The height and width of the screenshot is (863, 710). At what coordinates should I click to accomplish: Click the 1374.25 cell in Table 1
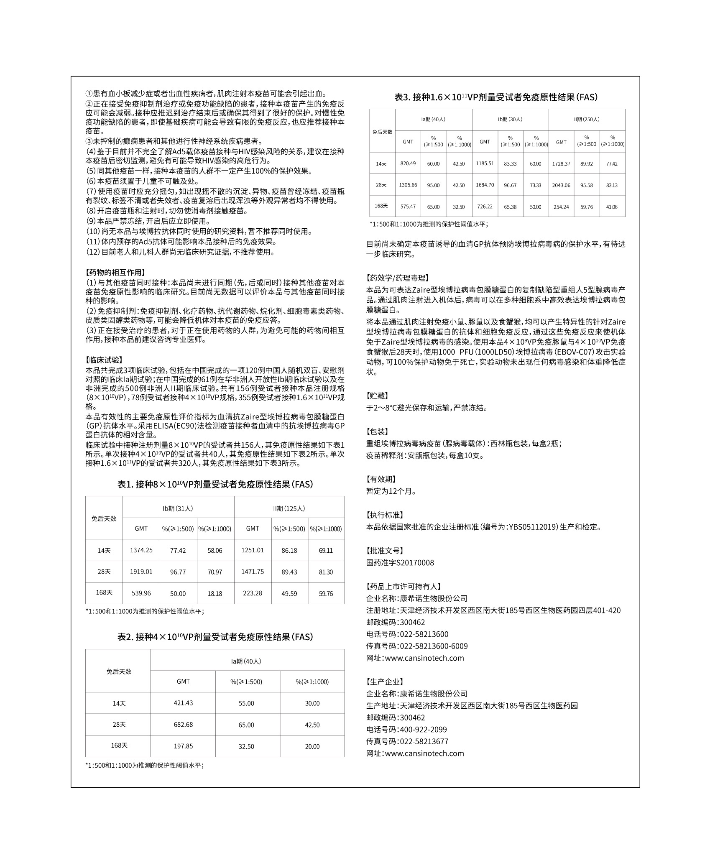coord(141,550)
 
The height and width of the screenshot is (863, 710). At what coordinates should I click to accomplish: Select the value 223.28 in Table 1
coord(252,593)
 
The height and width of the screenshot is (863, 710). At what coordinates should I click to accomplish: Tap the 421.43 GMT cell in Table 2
coord(183,703)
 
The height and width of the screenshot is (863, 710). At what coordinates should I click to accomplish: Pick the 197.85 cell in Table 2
coord(183,746)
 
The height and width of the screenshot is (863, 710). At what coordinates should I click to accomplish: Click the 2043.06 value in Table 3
coord(561,185)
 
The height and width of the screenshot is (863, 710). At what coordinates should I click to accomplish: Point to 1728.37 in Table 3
coord(561,163)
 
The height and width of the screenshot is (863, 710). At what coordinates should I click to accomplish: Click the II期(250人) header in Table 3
coord(587,119)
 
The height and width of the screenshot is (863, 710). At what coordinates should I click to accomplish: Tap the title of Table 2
coord(215,637)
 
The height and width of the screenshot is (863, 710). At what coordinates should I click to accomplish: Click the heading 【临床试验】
coord(104,360)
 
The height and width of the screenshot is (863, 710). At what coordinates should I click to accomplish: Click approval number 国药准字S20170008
coord(400,563)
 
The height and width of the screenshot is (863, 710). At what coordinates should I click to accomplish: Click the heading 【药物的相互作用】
coord(115,272)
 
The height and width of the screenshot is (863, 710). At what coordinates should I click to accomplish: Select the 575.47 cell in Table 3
coord(408,207)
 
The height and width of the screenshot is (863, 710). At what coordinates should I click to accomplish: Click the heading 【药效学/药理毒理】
coord(398,278)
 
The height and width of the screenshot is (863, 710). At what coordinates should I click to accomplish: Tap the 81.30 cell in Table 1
coord(326,572)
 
